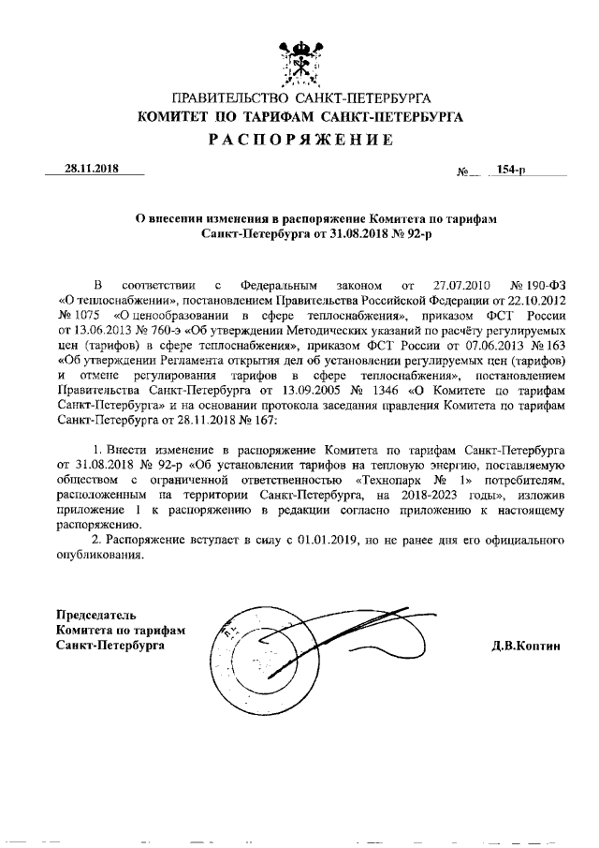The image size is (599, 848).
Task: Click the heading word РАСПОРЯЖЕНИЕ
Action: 299,141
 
